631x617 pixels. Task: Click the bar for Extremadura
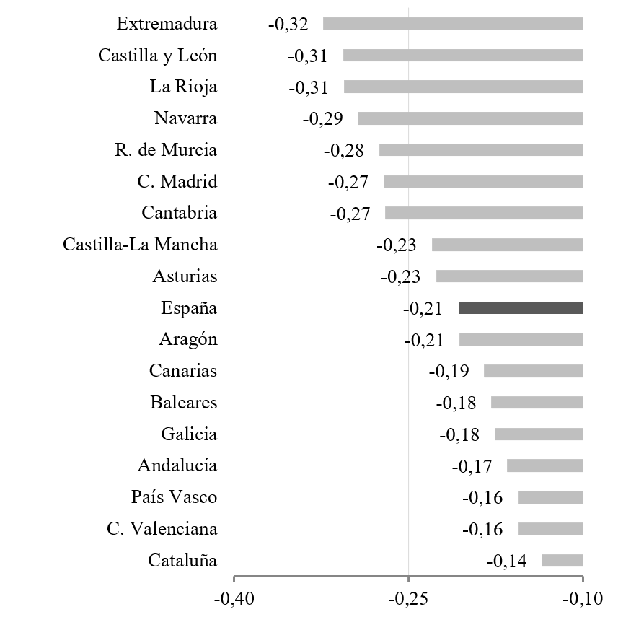click(x=452, y=23)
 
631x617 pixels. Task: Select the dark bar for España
click(x=520, y=307)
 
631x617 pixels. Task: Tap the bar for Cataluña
click(x=562, y=561)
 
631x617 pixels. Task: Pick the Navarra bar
click(x=469, y=118)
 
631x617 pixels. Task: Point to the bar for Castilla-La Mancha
click(x=507, y=245)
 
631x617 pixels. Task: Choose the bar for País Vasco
click(x=550, y=497)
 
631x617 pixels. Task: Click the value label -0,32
click(x=288, y=24)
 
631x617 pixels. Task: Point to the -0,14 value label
click(x=506, y=561)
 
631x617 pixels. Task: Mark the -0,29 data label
click(x=322, y=119)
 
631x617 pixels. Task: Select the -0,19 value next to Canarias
click(x=449, y=372)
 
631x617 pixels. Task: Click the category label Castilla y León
click(x=157, y=56)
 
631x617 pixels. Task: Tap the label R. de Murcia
click(x=165, y=150)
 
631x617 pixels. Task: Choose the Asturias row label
click(x=185, y=276)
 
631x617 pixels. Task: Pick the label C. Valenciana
click(x=162, y=529)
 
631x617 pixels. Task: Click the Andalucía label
click(x=177, y=465)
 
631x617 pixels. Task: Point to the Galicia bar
click(x=538, y=434)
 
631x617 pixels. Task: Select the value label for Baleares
click(x=456, y=403)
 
